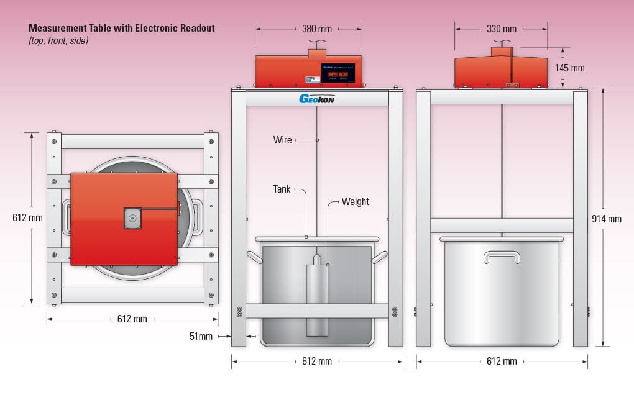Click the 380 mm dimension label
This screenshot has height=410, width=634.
click(316, 29)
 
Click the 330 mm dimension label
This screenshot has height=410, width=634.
click(501, 29)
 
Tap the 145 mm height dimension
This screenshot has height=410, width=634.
click(570, 68)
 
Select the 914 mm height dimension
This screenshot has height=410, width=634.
click(606, 219)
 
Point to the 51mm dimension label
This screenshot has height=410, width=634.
click(201, 337)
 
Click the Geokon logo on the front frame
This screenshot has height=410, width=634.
click(317, 99)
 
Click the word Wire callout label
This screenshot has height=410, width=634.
click(282, 140)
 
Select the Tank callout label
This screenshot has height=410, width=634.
click(282, 189)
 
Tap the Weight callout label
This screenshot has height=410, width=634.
click(356, 202)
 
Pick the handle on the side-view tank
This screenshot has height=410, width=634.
click(502, 257)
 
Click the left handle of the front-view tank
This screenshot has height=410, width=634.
click(254, 256)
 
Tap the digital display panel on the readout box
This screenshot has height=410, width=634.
click(338, 73)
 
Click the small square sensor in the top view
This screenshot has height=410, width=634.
click(132, 218)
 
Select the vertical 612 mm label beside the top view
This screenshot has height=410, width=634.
click(28, 218)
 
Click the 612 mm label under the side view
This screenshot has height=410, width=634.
click(502, 362)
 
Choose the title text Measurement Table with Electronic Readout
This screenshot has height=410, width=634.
click(121, 29)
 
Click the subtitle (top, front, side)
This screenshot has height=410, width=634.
click(58, 40)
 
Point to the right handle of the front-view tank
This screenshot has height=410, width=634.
click(380, 256)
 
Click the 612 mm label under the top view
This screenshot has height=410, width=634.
click(132, 319)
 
